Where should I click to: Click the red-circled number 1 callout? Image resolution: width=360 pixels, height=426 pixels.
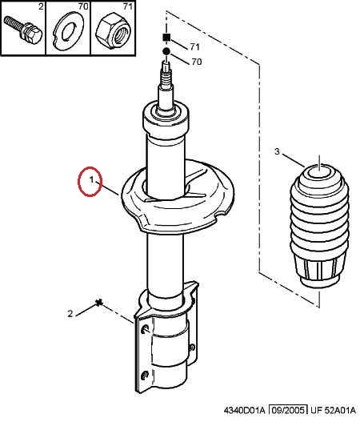(92, 180)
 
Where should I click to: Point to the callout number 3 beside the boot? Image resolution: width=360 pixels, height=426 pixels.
(277, 151)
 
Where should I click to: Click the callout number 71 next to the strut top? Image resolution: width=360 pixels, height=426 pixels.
(194, 46)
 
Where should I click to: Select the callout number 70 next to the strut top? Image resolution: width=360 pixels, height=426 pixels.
(197, 62)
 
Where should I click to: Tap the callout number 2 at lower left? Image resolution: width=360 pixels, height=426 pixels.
(70, 314)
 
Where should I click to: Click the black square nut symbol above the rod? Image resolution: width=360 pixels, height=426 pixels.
(166, 37)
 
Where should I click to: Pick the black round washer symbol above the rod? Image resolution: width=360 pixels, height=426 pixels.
(166, 51)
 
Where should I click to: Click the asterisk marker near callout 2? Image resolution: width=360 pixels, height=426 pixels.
(99, 303)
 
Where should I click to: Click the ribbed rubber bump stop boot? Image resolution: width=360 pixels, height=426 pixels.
(319, 227)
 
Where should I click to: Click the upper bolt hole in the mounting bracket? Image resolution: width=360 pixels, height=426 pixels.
(146, 329)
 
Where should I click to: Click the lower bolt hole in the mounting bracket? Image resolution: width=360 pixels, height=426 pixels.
(145, 376)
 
